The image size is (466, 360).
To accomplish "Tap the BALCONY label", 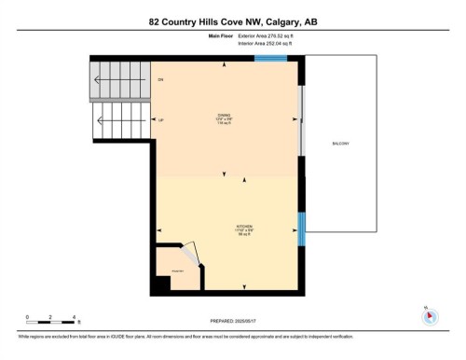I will pyautogui.click(x=340, y=144).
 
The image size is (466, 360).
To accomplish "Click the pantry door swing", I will pyautogui.click(x=189, y=252).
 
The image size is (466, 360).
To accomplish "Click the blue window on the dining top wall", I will pyautogui.click(x=270, y=59).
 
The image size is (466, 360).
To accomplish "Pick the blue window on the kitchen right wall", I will pyautogui.click(x=301, y=228).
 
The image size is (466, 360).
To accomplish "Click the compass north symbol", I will pyautogui.click(x=430, y=316).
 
